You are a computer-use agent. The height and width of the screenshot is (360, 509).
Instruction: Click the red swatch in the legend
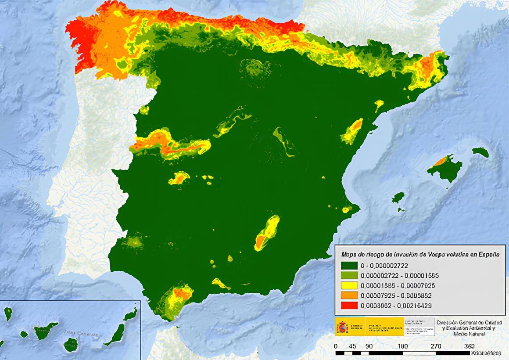(x=349, y=305)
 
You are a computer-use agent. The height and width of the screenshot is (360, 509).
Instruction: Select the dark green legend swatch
(x=349, y=266)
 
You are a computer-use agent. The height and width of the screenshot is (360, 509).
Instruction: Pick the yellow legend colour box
(x=349, y=285)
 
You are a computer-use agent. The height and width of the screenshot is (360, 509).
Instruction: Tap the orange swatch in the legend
(x=349, y=295)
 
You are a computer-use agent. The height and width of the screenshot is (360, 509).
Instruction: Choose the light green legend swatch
(x=349, y=276)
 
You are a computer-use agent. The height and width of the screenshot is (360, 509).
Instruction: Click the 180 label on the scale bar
(x=402, y=346)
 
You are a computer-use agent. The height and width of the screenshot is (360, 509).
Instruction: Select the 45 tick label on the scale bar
(x=352, y=346)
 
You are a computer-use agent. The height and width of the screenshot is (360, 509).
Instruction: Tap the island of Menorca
(x=480, y=152)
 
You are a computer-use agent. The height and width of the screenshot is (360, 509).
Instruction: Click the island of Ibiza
(x=399, y=197)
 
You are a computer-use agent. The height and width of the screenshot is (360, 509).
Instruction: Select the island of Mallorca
(x=445, y=168)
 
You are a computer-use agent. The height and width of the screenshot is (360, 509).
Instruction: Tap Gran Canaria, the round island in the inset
(x=70, y=345)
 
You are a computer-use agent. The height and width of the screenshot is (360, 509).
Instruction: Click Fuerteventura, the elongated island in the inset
(x=115, y=334)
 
